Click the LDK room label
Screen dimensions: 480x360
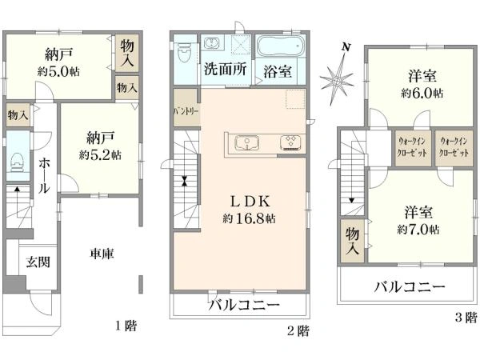coord(250,202)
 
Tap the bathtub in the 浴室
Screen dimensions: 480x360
coord(280,46)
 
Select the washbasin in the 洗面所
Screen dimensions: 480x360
coord(211,42)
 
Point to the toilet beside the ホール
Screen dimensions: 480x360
coord(17,162)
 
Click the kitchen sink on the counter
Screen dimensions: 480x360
coord(247,143)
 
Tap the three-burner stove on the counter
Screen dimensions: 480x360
coord(291,142)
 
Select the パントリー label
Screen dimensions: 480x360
coord(186,111)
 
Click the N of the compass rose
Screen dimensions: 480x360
coord(346,47)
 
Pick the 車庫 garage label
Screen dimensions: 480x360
coord(102,254)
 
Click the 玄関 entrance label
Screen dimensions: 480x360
coord(38,262)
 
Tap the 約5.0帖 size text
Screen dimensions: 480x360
coord(58,72)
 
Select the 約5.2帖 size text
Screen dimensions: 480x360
coord(100,155)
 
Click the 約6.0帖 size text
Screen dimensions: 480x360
coord(422,93)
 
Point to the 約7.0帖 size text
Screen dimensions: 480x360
coord(418,230)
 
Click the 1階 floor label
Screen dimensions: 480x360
coord(126,326)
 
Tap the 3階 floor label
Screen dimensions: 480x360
coord(466,317)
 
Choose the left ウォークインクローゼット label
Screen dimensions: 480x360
coord(412,147)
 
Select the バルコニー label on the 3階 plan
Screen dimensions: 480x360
coord(410,287)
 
